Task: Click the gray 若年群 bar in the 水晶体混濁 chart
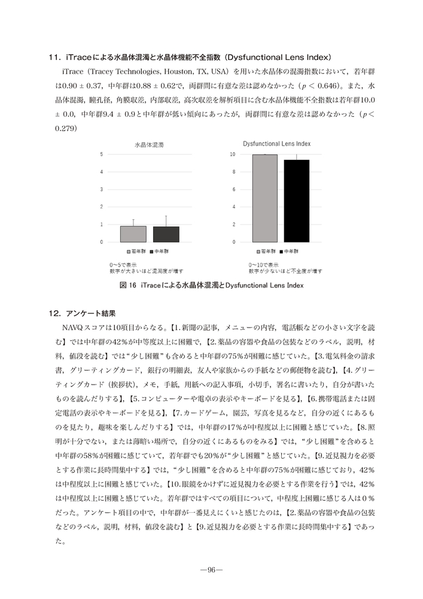pyautogui.click(x=133, y=234)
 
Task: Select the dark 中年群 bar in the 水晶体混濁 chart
pyautogui.click(x=166, y=234)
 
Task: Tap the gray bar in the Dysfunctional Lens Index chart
pyautogui.click(x=264, y=198)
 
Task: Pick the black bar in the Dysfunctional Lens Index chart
pyautogui.click(x=296, y=201)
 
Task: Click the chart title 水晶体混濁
pyautogui.click(x=149, y=145)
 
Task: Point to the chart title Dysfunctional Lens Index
pyautogui.click(x=277, y=144)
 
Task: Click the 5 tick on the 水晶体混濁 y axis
pyautogui.click(x=101, y=155)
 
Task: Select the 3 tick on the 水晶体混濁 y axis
pyautogui.click(x=101, y=189)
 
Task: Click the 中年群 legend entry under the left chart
pyautogui.click(x=161, y=252)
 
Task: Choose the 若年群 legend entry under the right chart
pyautogui.click(x=267, y=252)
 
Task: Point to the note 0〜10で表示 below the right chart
pyautogui.click(x=264, y=264)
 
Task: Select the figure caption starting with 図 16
pyautogui.click(x=211, y=285)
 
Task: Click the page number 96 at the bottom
pyautogui.click(x=211, y=570)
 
